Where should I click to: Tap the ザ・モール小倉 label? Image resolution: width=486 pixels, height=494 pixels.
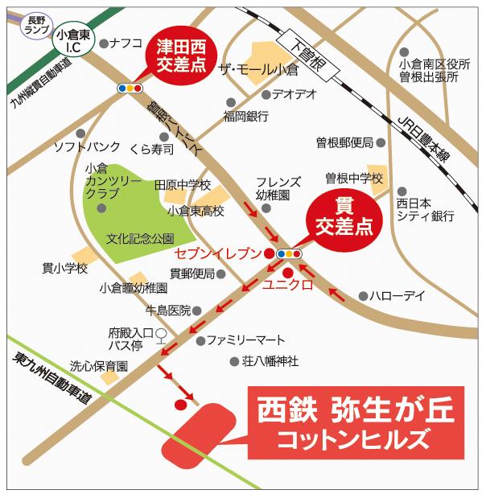click(258, 70)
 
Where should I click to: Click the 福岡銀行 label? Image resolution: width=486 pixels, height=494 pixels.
click(246, 117)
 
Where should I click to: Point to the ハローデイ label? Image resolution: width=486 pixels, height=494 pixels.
click(397, 296)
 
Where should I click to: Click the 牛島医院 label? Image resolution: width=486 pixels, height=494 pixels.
click(167, 310)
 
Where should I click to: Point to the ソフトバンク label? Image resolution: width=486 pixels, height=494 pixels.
click(87, 147)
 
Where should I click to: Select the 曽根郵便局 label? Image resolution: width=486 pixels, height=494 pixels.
click(344, 142)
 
